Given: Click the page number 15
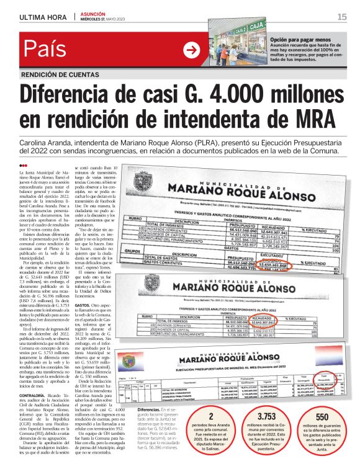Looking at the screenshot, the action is point(341,17).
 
